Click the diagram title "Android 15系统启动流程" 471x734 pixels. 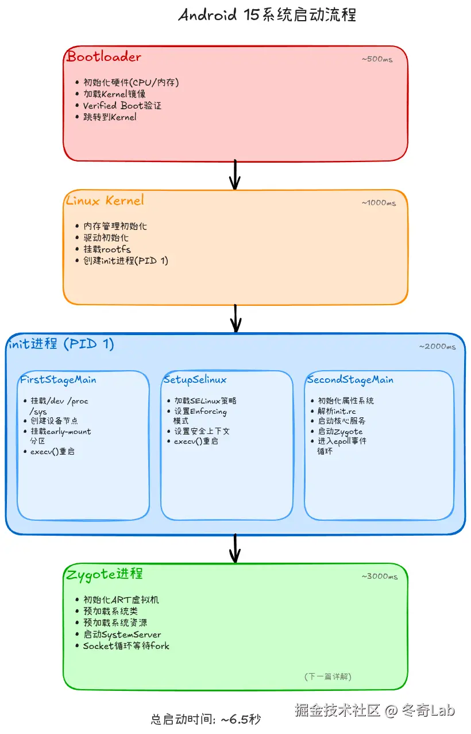(x=267, y=15)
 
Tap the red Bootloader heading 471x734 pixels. (x=104, y=57)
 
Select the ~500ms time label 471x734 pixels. (x=377, y=59)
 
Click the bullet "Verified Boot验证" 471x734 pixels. (x=122, y=106)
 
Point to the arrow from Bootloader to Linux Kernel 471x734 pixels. (x=234, y=175)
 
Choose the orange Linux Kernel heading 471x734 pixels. (x=105, y=201)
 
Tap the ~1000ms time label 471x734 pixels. (x=379, y=203)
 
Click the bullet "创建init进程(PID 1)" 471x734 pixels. (x=125, y=261)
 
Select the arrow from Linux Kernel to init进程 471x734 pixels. (x=234, y=318)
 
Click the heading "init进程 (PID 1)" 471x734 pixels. (x=61, y=344)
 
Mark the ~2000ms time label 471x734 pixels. (x=437, y=347)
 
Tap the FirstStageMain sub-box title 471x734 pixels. (x=58, y=380)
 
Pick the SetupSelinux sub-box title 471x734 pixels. (x=195, y=380)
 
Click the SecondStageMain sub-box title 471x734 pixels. (x=350, y=380)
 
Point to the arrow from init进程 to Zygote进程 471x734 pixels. (x=234, y=548)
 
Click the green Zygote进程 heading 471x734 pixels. (x=105, y=574)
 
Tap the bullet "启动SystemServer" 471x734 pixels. (x=122, y=635)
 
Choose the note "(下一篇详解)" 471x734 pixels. (x=327, y=677)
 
